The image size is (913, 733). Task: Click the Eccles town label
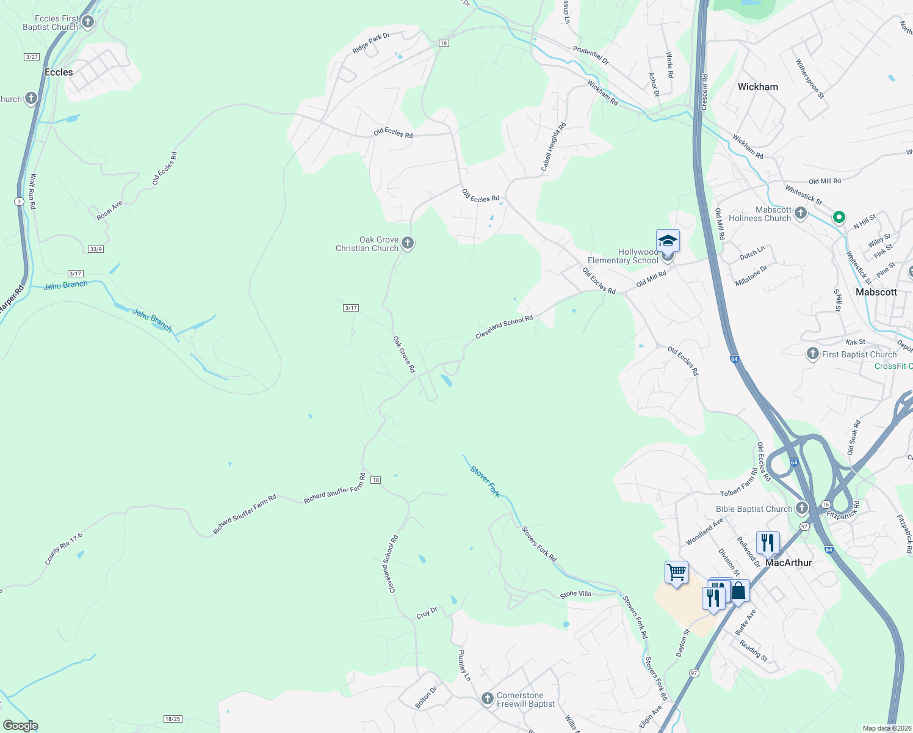[x=59, y=72]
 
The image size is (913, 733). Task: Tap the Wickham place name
[x=757, y=87]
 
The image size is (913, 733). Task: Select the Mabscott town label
[x=876, y=292]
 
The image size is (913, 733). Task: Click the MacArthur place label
[x=789, y=563]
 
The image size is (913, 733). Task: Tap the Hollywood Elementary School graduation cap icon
[x=668, y=241]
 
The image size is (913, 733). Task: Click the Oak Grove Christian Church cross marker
[x=408, y=244]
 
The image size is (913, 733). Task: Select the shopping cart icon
[x=676, y=573]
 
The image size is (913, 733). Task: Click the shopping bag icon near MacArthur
[x=738, y=591]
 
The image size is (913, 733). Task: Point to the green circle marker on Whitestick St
[x=839, y=217]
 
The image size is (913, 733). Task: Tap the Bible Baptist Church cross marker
[x=802, y=508]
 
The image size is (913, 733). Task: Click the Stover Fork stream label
[x=485, y=481]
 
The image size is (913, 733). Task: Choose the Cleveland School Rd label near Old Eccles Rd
[x=504, y=327]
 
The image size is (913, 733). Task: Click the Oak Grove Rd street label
[x=404, y=354]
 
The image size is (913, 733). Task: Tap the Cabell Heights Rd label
[x=554, y=147]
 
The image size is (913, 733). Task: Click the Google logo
[x=20, y=726]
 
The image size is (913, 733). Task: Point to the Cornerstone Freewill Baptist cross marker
[x=487, y=699]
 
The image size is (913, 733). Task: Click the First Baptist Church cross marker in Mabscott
[x=812, y=354]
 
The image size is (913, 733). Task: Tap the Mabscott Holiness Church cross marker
[x=801, y=213]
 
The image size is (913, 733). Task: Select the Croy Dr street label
[x=427, y=613]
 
